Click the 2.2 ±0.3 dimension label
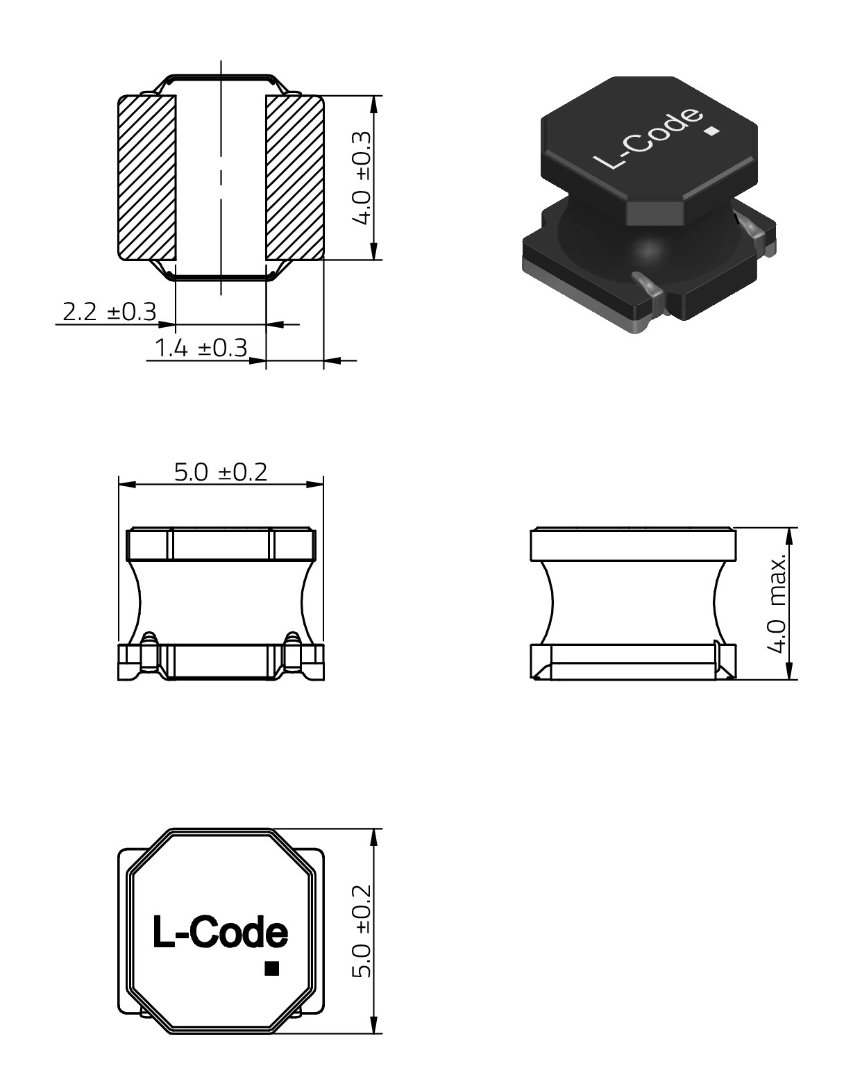(x=110, y=312)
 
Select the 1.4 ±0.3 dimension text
(x=201, y=348)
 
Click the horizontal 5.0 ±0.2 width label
(x=221, y=472)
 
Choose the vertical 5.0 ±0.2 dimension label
(x=362, y=931)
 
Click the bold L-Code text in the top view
(x=220, y=931)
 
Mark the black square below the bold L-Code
(x=272, y=968)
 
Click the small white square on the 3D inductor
(x=711, y=132)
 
